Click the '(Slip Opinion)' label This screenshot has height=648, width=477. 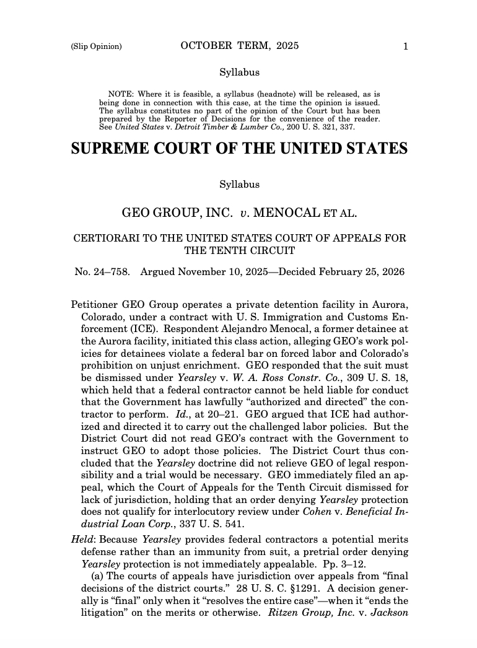pos(96,46)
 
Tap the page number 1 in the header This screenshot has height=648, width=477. pos(405,46)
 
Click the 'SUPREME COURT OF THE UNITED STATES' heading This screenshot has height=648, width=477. pos(239,149)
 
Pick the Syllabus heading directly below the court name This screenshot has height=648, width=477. pos(239,185)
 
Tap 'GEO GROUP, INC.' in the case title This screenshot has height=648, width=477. pos(177,213)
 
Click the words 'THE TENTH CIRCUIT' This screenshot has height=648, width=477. pos(239,251)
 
